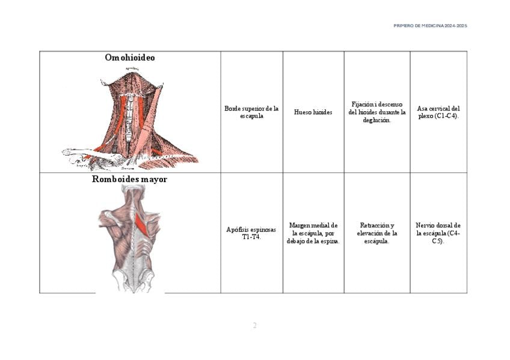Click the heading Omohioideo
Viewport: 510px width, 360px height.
tap(129, 58)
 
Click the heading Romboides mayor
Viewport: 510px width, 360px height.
tap(129, 179)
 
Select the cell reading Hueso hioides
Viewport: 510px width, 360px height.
tap(313, 112)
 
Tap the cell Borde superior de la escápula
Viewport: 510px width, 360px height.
tap(251, 112)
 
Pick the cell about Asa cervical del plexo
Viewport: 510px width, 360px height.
tap(438, 112)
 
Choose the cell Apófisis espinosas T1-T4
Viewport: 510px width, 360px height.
tap(251, 233)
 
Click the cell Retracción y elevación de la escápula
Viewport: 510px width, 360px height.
tap(377, 233)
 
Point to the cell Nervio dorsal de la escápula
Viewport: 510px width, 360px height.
tap(438, 233)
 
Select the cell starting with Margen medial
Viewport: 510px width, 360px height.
tap(313, 233)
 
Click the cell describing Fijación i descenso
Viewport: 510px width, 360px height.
tap(377, 112)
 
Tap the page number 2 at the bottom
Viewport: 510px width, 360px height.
tap(254, 326)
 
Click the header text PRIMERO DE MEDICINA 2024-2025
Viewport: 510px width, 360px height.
tap(430, 26)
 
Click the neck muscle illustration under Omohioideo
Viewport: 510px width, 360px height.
tap(131, 118)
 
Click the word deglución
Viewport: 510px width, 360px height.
tap(377, 120)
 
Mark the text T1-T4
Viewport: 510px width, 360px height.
tap(251, 237)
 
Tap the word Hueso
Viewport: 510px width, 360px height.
tap(303, 112)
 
